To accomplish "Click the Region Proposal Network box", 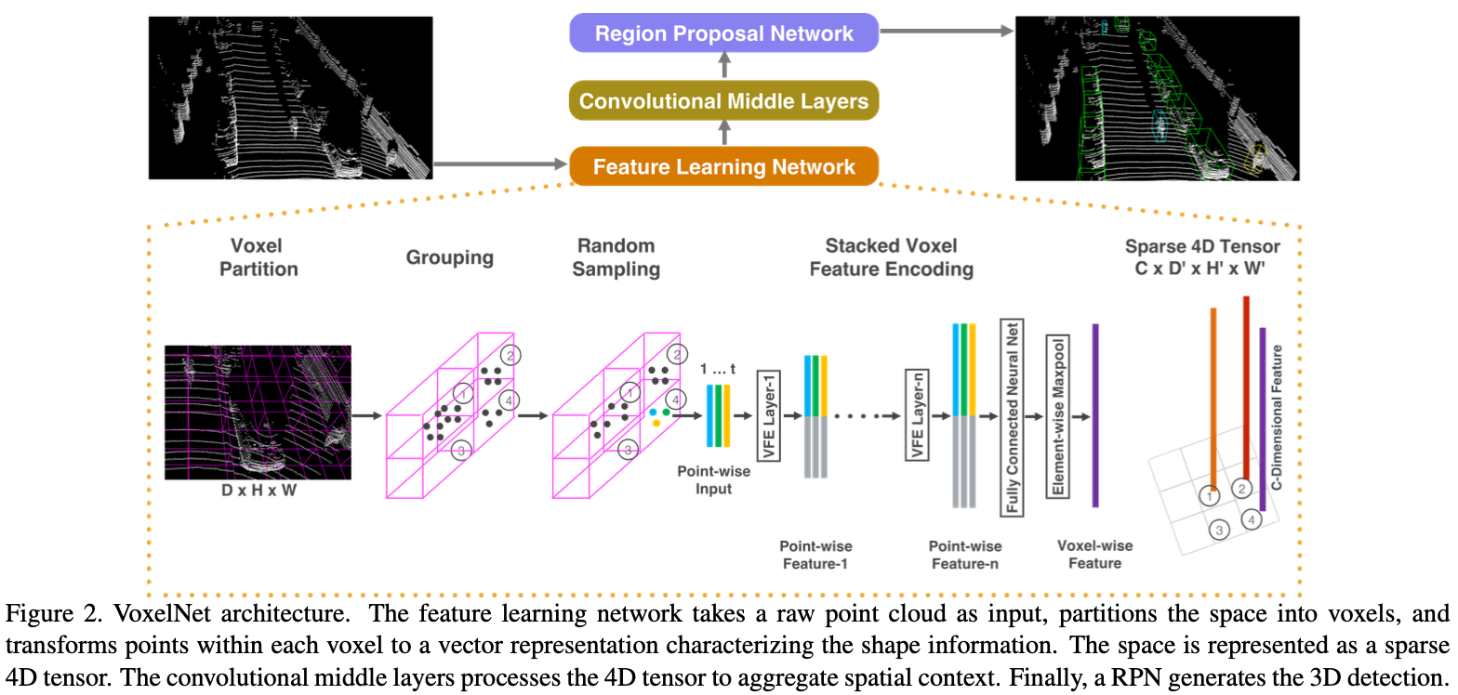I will click(723, 34).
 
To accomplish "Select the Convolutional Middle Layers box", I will click(723, 101).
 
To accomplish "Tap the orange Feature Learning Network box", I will click(723, 167).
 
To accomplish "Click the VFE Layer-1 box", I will click(768, 415).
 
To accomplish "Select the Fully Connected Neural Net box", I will click(1008, 415).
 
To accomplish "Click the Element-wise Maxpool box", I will click(1056, 415).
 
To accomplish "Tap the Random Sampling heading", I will click(616, 257).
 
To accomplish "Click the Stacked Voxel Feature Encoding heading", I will click(892, 257).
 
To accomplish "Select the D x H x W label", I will click(258, 490).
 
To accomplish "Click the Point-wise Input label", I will click(713, 479).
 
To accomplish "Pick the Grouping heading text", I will click(449, 257).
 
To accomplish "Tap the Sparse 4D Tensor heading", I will click(1202, 257).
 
